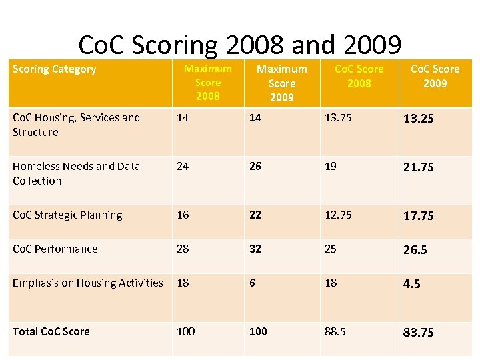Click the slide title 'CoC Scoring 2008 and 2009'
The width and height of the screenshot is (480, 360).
(x=240, y=45)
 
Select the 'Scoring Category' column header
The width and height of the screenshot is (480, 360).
(x=54, y=69)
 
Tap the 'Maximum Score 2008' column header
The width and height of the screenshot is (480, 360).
(x=207, y=82)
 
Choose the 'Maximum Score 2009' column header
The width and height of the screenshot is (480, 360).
(x=282, y=83)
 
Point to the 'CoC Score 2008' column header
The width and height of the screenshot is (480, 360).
(x=359, y=76)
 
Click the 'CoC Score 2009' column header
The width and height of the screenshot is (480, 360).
(x=435, y=76)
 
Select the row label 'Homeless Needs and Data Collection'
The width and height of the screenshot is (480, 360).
(x=76, y=173)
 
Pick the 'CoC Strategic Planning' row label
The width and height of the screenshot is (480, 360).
(x=67, y=215)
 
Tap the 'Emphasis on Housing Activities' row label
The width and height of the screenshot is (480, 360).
(x=87, y=283)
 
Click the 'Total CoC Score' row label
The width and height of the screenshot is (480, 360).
(x=51, y=331)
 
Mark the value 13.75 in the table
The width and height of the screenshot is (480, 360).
(x=338, y=118)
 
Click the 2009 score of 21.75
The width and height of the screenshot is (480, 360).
(x=418, y=167)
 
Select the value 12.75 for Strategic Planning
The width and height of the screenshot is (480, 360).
(x=338, y=215)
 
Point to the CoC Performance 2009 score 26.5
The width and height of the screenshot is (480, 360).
(x=415, y=249)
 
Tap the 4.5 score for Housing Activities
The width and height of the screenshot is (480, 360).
(x=411, y=284)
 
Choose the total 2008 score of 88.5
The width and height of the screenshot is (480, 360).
(x=335, y=331)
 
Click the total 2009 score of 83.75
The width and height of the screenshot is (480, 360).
(x=418, y=332)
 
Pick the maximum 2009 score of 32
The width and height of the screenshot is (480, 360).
(x=255, y=249)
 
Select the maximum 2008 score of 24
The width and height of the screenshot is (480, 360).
(x=182, y=166)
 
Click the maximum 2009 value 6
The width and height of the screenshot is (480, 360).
(x=252, y=283)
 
